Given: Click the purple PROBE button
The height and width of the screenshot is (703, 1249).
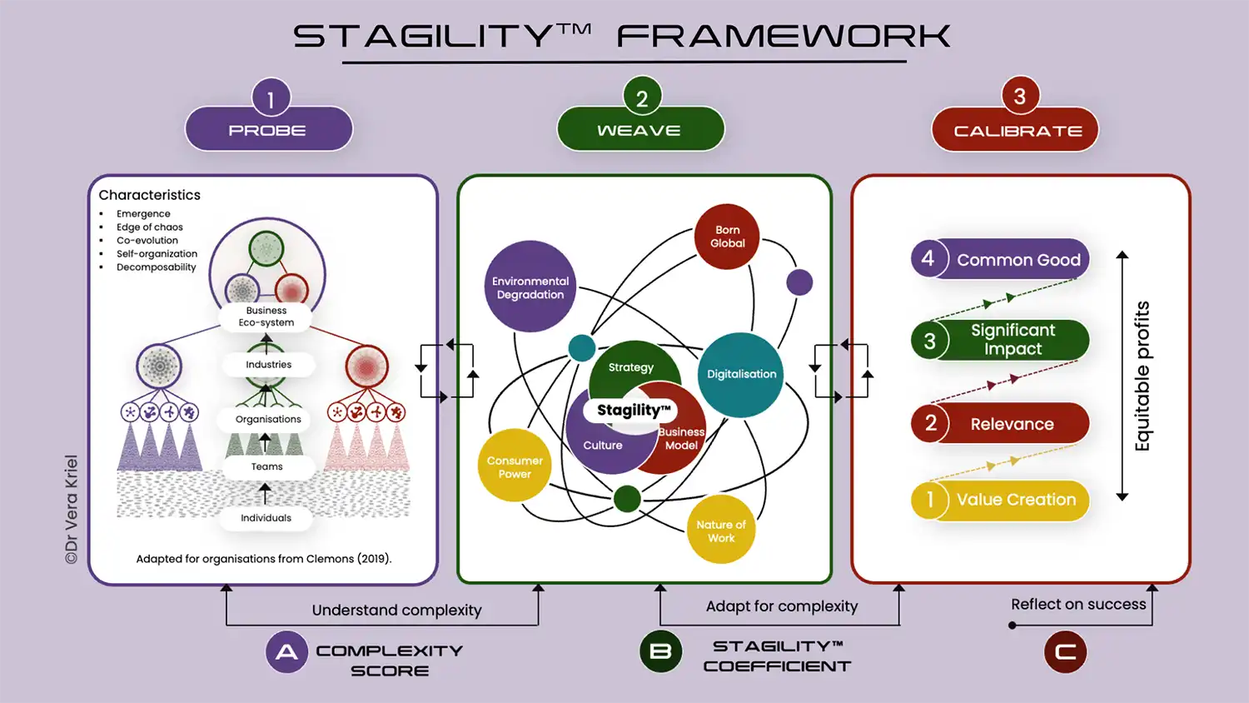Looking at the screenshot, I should coord(268,130).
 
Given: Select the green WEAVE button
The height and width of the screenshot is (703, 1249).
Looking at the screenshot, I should coord(639,130).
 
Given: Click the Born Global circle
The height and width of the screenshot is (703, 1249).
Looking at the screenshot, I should coord(727,237).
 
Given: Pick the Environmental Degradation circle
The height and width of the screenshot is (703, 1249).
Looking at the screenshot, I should coord(530,287).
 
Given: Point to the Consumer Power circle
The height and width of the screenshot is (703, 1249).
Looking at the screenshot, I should coord(515,466).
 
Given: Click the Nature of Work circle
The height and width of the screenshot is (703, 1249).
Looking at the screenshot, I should coord(721,531).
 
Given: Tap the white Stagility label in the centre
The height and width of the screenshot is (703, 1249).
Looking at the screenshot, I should coord(634,410).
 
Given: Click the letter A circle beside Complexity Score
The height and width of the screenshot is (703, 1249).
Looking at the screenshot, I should coord(286,651).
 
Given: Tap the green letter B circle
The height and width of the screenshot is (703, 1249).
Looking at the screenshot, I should coord(660,651).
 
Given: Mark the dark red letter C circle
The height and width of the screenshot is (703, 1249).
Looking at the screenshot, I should coord(1065,651).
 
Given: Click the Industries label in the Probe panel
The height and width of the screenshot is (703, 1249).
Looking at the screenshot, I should coord(268,365).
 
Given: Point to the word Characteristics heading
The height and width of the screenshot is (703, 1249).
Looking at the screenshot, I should coord(150,195).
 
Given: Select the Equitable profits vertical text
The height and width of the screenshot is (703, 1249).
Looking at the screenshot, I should coord(1142,376).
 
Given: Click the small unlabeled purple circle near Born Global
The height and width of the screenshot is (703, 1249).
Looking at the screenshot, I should coord(799,282).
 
